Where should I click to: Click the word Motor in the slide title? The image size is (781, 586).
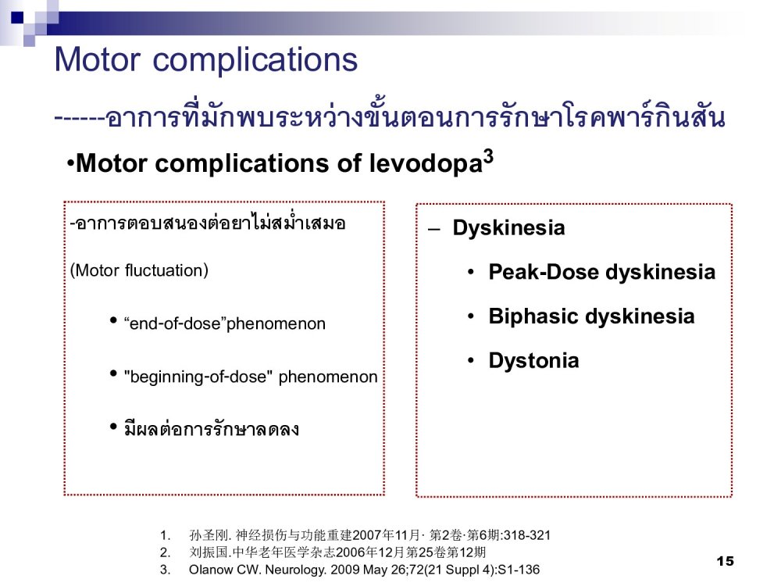click(97, 59)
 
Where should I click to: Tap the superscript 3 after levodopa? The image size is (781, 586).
click(489, 156)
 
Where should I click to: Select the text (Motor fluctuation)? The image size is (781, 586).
click(139, 270)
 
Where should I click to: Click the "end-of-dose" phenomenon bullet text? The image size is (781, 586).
click(225, 324)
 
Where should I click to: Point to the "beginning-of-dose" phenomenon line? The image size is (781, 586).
click(251, 377)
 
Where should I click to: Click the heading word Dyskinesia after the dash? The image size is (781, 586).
click(508, 228)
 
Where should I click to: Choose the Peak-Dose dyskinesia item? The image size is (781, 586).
click(601, 272)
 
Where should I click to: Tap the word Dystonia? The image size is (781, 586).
click(533, 360)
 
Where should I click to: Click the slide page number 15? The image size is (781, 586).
click(726, 561)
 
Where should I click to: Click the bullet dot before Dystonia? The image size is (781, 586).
click(471, 361)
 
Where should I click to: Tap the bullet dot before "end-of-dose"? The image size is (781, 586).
click(113, 320)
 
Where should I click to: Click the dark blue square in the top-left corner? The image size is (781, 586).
click(17, 17)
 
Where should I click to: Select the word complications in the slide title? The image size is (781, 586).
click(255, 60)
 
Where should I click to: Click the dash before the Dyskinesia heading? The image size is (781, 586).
click(433, 229)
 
